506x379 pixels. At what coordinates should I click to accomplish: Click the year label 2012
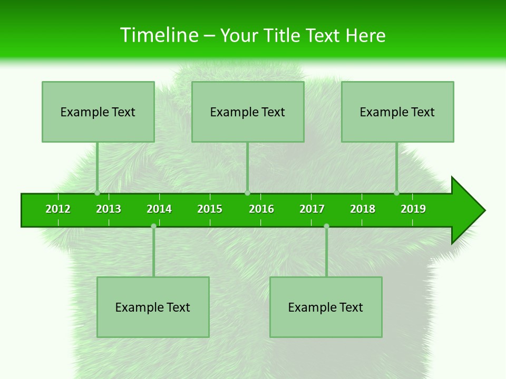click(x=58, y=209)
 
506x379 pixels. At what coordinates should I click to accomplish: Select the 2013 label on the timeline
click(x=109, y=209)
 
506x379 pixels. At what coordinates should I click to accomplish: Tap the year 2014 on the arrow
click(x=159, y=209)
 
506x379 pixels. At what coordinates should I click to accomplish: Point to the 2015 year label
click(x=210, y=209)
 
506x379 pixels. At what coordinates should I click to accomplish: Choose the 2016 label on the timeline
click(x=261, y=209)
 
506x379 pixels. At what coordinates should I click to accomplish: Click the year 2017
click(x=312, y=209)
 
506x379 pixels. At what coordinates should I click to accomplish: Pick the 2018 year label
click(x=363, y=209)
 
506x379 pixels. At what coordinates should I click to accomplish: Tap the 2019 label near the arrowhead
click(x=413, y=209)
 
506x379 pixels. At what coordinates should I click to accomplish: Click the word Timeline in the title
click(x=158, y=35)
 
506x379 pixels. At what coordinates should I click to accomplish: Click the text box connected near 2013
click(x=98, y=112)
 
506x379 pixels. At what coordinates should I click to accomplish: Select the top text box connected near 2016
click(x=248, y=112)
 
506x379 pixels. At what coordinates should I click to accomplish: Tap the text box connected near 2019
click(x=397, y=112)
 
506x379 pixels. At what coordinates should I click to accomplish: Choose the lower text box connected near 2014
click(x=153, y=307)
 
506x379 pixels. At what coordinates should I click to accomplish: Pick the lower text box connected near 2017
click(x=326, y=307)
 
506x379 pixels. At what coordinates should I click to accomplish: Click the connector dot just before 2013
click(x=98, y=193)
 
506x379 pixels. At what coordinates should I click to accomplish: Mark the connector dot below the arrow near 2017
click(x=326, y=226)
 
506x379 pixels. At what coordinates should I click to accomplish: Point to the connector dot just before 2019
click(x=397, y=193)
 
